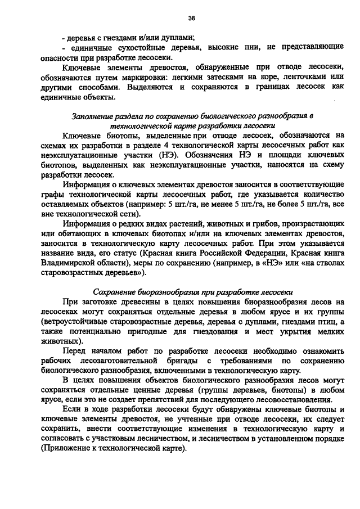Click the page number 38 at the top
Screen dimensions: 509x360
coord(191,18)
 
